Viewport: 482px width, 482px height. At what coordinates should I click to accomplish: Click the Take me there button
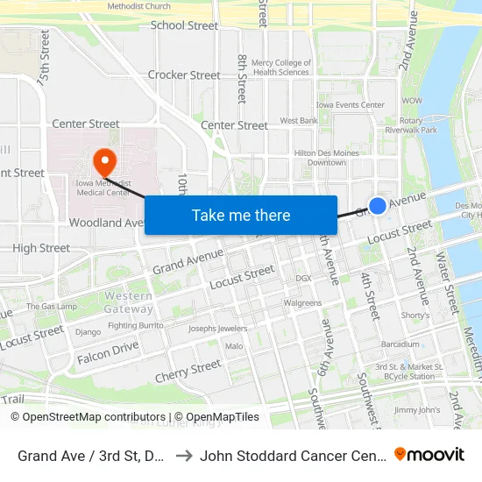pyautogui.click(x=241, y=215)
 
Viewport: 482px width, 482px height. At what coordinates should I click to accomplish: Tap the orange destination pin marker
pyautogui.click(x=104, y=161)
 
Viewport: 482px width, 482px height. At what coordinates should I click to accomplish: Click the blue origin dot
pyautogui.click(x=377, y=205)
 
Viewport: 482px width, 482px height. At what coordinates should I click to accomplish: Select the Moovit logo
pyautogui.click(x=429, y=454)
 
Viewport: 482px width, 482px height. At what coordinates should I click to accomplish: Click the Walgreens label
pyautogui.click(x=302, y=303)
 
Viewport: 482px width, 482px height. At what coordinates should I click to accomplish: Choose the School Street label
pyautogui.click(x=184, y=25)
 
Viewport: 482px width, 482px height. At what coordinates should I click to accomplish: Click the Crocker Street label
pyautogui.click(x=184, y=75)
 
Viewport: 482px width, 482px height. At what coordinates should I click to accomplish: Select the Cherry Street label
pyautogui.click(x=188, y=371)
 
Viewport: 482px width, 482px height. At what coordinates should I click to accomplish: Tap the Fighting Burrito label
pyautogui.click(x=136, y=325)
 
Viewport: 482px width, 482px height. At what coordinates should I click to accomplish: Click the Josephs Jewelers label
pyautogui.click(x=218, y=329)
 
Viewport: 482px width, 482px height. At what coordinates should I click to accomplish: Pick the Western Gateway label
pyautogui.click(x=128, y=302)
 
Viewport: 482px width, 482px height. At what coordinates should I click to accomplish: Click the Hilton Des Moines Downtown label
pyautogui.click(x=326, y=157)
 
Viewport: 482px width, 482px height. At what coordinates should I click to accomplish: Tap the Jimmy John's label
pyautogui.click(x=416, y=409)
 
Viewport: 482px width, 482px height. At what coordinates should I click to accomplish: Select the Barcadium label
pyautogui.click(x=400, y=344)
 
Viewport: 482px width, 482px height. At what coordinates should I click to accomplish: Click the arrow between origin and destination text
pyautogui.click(x=184, y=455)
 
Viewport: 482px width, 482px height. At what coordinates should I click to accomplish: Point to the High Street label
pyautogui.click(x=41, y=248)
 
